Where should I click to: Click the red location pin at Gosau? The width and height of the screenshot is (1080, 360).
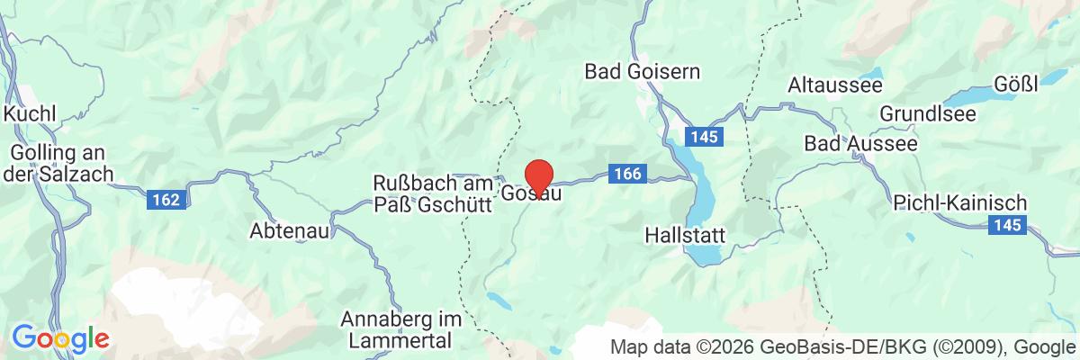(538, 174)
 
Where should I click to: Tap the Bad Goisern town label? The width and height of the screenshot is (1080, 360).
(642, 70)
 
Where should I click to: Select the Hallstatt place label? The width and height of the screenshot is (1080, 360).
(686, 236)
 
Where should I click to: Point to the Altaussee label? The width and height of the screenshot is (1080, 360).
(828, 85)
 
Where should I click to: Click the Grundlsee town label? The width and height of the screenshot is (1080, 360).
(924, 115)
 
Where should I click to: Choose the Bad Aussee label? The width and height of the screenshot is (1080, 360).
(860, 144)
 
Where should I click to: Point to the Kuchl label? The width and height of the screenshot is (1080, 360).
(30, 114)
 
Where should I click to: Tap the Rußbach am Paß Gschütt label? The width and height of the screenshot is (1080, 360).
(431, 193)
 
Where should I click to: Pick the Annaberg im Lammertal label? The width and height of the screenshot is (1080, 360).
(401, 329)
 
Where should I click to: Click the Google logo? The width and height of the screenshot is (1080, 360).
(60, 339)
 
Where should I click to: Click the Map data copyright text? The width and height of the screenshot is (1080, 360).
(842, 346)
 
